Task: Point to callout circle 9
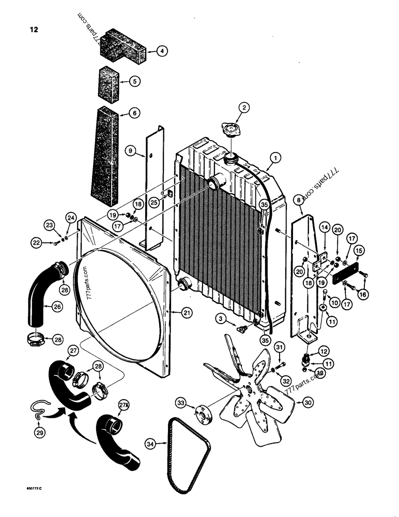pyautogui.click(x=132, y=151)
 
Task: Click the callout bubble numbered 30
pyautogui.click(x=308, y=402)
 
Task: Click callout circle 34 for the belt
pyautogui.click(x=150, y=443)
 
